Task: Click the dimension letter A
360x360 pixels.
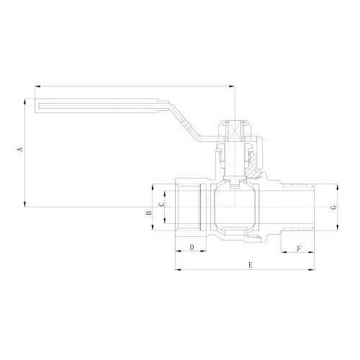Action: pyautogui.click(x=21, y=149)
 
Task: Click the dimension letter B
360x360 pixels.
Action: pyautogui.click(x=149, y=213)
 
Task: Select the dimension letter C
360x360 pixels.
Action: pyautogui.click(x=162, y=204)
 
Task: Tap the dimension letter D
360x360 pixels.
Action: pyautogui.click(x=192, y=247)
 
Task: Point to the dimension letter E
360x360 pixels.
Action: pyautogui.click(x=251, y=265)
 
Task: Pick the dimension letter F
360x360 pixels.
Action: pyautogui.click(x=299, y=248)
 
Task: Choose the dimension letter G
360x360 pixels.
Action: pyautogui.click(x=334, y=207)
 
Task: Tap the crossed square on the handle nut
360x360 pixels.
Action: pyautogui.click(x=235, y=131)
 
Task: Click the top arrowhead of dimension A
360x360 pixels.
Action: pyautogui.click(x=24, y=102)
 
